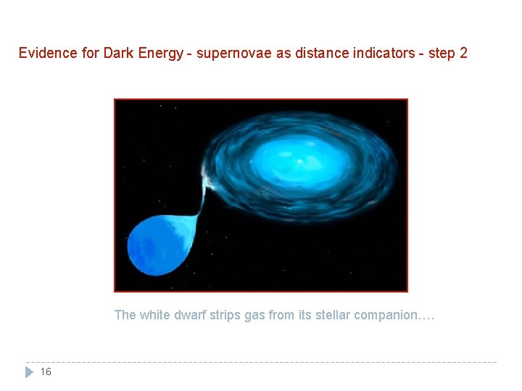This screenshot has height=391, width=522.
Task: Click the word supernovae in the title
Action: pos(226,53)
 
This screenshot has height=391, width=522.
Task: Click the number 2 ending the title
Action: pos(463,53)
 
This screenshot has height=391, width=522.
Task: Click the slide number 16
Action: pos(46,372)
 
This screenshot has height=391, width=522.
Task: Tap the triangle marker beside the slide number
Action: pos(30,372)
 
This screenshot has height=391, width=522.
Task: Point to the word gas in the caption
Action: pos(253,315)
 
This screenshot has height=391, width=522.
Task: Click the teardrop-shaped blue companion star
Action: pos(159,246)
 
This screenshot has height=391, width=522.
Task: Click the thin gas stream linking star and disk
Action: pos(201,203)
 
